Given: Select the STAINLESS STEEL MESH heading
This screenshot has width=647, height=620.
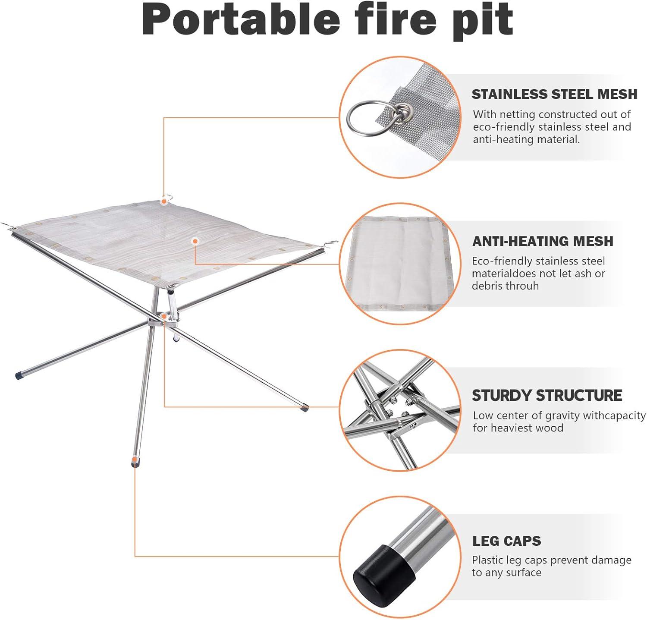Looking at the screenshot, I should pyautogui.click(x=554, y=94).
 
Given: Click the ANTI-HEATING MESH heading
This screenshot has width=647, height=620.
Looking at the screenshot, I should pyautogui.click(x=543, y=241).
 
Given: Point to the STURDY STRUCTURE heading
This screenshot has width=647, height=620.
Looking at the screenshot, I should pyautogui.click(x=546, y=395).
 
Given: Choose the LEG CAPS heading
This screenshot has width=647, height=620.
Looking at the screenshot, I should pyautogui.click(x=506, y=541).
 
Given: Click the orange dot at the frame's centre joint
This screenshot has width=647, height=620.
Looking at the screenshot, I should pyautogui.click(x=164, y=316).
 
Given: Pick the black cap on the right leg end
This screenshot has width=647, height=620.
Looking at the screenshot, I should pyautogui.click(x=305, y=406).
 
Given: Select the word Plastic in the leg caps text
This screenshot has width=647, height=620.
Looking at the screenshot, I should pyautogui.click(x=488, y=560).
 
